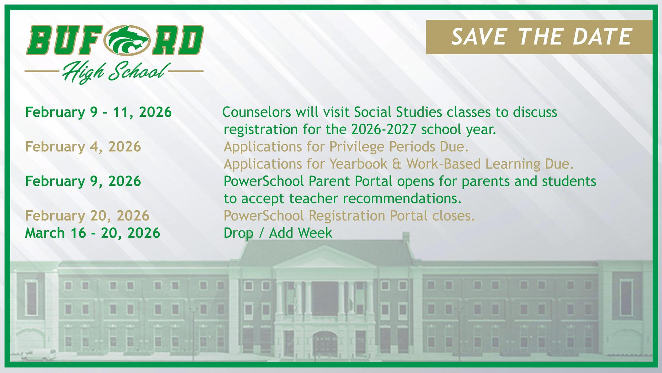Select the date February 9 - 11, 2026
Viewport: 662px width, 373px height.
tap(98, 112)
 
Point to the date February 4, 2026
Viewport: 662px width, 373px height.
tap(83, 147)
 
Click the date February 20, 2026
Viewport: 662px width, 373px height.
tap(87, 216)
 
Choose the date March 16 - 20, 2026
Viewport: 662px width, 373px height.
tap(93, 233)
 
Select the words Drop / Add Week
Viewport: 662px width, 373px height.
tap(278, 233)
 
